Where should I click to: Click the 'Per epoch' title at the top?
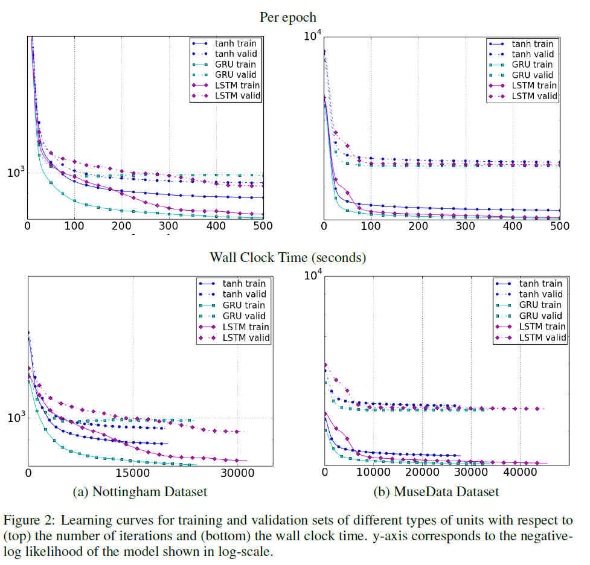tap(287, 17)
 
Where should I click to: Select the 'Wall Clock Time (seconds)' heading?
tap(287, 258)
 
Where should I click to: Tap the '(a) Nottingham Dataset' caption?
tap(139, 491)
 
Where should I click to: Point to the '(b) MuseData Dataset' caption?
tap(437, 491)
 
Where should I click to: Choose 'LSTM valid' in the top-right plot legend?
tap(532, 96)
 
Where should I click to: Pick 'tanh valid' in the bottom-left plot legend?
tap(240, 294)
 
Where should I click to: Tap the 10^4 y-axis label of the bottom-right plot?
tap(313, 276)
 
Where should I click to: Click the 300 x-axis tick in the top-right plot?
tap(466, 226)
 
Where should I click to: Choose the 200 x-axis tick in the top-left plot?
tap(121, 226)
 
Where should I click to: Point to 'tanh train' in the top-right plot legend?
tap(532, 44)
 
